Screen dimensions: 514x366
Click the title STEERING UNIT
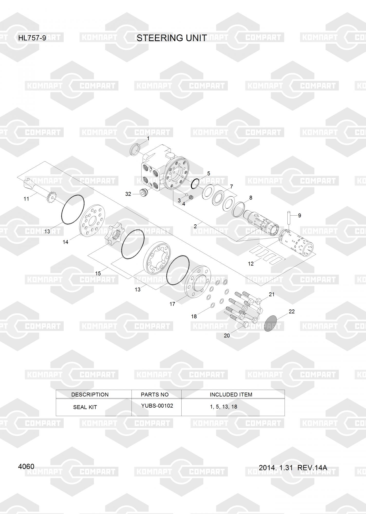tap(172, 38)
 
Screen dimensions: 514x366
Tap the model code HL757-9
tap(32, 38)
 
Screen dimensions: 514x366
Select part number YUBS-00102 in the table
tap(157, 406)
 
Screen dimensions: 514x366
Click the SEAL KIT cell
tap(85, 407)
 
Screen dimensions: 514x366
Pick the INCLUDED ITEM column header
tap(231, 394)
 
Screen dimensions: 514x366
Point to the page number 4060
tap(26, 466)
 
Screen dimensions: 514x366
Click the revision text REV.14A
tap(312, 468)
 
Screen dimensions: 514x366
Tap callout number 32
tap(128, 194)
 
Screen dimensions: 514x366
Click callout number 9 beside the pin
tap(299, 216)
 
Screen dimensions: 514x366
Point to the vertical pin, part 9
tap(289, 221)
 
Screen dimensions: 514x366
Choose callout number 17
tap(172, 304)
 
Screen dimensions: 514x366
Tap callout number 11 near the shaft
tap(26, 199)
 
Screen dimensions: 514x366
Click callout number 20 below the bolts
tap(227, 335)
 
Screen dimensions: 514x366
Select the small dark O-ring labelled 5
tap(195, 183)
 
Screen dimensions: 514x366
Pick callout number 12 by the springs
tap(251, 264)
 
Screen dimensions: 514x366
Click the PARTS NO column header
tap(155, 394)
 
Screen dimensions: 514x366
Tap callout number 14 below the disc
tap(65, 242)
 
